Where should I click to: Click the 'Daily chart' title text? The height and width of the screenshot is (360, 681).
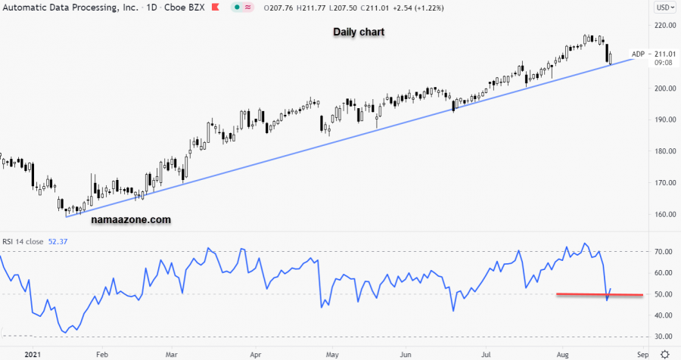point(358,33)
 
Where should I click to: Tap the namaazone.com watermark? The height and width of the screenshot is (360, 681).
point(130,220)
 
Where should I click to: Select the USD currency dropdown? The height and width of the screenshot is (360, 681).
point(664,8)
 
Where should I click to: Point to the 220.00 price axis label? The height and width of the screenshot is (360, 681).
point(664,25)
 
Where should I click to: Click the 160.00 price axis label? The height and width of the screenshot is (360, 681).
point(664,215)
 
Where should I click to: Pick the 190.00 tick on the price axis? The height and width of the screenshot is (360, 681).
point(664,119)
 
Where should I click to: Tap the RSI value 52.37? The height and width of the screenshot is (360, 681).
point(58,242)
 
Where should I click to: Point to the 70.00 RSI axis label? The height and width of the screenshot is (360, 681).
point(664,251)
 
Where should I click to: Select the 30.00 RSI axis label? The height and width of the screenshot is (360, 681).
point(664,337)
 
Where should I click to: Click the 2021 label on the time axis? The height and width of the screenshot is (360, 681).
point(32,353)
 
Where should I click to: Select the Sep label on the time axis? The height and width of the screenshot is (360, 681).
point(642,353)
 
